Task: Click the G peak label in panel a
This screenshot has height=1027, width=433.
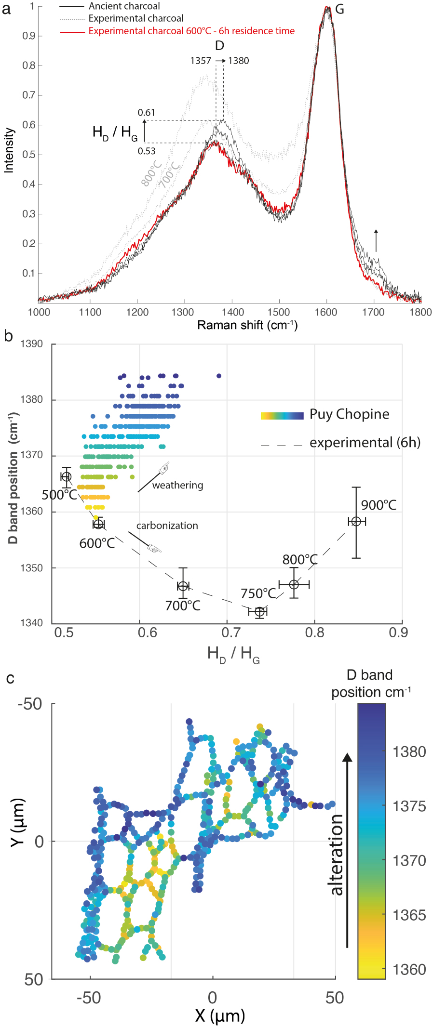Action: tap(339, 10)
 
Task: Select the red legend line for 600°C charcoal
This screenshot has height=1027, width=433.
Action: tap(73, 31)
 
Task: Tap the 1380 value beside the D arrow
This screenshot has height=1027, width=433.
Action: tap(239, 61)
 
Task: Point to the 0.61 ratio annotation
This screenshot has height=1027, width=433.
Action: tap(147, 113)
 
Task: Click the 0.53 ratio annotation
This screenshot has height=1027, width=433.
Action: tap(147, 151)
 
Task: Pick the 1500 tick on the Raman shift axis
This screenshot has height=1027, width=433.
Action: tap(279, 312)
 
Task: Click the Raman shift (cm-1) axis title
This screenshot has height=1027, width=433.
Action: tap(247, 325)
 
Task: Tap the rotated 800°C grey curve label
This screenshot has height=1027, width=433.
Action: tap(151, 173)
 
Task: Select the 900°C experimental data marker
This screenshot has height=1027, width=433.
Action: tap(356, 522)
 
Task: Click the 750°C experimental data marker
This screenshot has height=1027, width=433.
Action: tap(260, 612)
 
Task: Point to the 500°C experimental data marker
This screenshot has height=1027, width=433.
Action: tap(67, 477)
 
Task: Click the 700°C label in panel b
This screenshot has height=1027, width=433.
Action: tap(183, 606)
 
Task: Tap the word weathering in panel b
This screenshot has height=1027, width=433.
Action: tap(177, 485)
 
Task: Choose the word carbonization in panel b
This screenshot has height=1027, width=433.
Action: tap(167, 526)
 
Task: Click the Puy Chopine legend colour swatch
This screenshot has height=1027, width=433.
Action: tap(282, 416)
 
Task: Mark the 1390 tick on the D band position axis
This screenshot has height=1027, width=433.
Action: tap(31, 344)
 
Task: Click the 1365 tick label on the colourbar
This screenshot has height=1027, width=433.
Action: tap(409, 915)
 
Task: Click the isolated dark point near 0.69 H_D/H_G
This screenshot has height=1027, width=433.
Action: tap(219, 376)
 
